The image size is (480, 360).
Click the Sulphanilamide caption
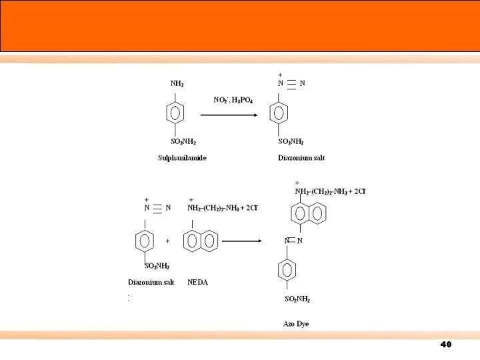pos(182,158)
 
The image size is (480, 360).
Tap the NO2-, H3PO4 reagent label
pos(233,100)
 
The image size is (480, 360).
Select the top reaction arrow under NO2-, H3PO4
pos(229,115)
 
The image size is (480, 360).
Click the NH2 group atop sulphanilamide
pos(177,84)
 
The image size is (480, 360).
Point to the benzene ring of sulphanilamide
pos(175,113)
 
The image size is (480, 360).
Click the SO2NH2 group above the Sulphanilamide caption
pos(184,141)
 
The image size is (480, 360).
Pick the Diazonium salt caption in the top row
pos(301,158)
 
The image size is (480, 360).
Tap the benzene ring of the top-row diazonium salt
pos(281,113)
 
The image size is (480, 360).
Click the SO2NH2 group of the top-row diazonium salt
pos(291,141)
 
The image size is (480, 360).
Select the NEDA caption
pos(197,282)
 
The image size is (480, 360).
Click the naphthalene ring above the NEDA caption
pos(199,241)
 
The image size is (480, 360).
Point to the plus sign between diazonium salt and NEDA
pos(167,241)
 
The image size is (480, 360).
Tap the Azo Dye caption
pos(296,324)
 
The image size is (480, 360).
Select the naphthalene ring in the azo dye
pos(309,214)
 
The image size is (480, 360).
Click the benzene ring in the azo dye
pos(287,270)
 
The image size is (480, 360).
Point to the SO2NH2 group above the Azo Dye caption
pos(297,299)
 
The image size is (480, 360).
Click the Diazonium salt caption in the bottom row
pos(151,282)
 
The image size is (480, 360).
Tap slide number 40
pos(446,345)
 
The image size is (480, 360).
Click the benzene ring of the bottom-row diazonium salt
pos(146,241)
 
